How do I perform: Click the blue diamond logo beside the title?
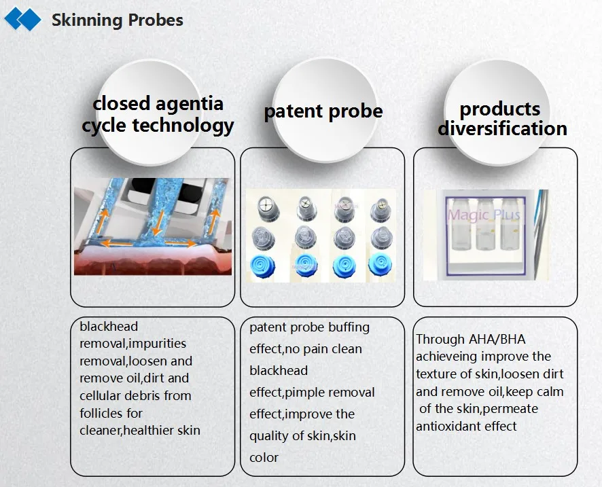[22, 19]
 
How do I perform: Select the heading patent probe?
[323, 111]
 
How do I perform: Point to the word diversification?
[502, 128]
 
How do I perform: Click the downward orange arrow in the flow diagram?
[158, 223]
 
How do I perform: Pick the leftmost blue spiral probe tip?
[263, 266]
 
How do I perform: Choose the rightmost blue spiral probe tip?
[380, 265]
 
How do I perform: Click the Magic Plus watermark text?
[484, 215]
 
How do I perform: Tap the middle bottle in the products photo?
[485, 225]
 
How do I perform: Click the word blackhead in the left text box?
[109, 327]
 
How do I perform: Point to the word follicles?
[111, 414]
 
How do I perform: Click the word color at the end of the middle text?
[264, 457]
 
